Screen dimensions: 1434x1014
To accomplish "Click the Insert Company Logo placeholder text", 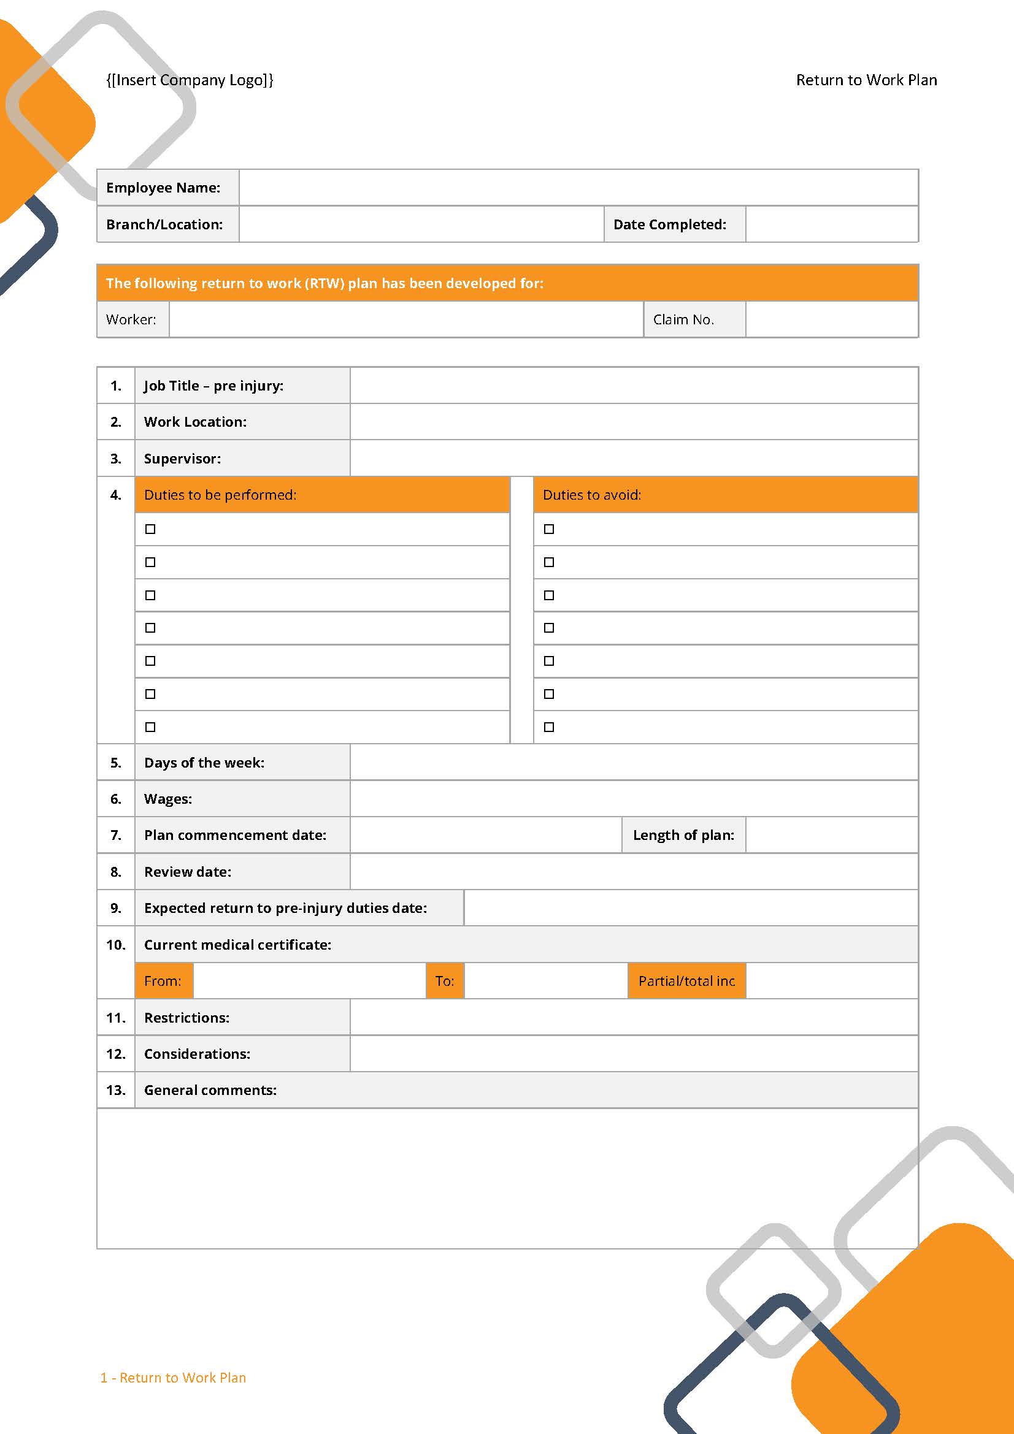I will coord(190,80).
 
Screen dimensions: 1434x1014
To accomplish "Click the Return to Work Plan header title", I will coord(866,80).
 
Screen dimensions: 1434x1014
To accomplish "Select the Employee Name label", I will coord(163,188).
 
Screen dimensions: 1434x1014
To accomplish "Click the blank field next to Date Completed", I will coord(832,224).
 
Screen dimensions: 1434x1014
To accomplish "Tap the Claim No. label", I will coord(683,319).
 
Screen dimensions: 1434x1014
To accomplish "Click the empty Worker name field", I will coord(406,319).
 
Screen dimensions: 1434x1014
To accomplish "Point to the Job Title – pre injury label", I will coord(213,386).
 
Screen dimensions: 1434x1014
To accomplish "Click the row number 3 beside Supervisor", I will coord(115,459).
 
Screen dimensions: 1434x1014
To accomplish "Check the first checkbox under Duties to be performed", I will coord(150,529).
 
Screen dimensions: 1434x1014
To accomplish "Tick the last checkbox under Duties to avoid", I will coord(549,727).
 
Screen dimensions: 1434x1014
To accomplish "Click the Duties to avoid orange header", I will coord(724,495).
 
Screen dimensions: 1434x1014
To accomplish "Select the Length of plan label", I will coord(683,835).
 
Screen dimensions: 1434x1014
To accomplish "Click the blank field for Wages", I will coord(634,799).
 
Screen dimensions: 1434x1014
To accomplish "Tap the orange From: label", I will coord(163,980).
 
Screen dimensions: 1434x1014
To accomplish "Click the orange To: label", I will coord(445,980).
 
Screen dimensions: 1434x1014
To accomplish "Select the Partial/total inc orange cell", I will coord(686,980).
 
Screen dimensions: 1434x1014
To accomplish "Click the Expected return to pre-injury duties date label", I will coord(285,907).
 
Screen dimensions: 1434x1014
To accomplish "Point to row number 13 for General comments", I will coord(115,1090).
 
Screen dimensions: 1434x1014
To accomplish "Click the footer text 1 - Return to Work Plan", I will coord(173,1377).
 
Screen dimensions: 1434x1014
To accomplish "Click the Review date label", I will coord(188,871).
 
